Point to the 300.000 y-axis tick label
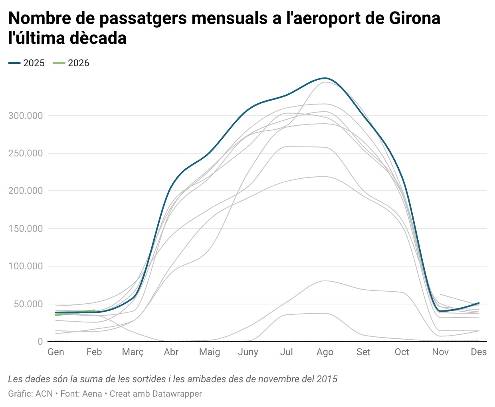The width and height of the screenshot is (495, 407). (25, 116)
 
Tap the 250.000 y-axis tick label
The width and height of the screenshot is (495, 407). (25, 153)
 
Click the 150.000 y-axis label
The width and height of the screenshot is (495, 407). (25, 229)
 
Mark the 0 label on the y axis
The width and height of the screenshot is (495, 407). (40, 342)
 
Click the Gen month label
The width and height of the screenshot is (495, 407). (56, 352)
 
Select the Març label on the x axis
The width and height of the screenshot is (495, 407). (133, 352)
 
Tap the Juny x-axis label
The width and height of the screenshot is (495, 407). (248, 352)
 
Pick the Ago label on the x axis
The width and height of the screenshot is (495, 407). (325, 352)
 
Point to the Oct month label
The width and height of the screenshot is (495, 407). (402, 352)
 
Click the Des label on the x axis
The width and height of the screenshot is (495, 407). (479, 352)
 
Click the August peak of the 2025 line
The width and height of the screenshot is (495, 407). (325, 78)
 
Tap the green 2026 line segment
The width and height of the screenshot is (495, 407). (76, 312)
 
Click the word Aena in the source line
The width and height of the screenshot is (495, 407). (92, 394)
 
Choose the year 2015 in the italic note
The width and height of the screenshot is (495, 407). (327, 379)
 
